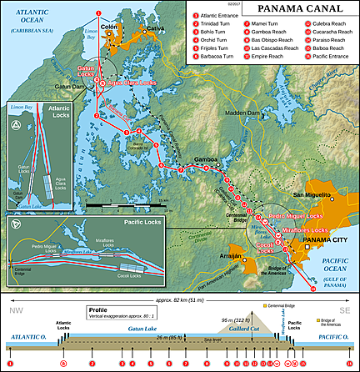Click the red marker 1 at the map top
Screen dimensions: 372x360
[x=98, y=13]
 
